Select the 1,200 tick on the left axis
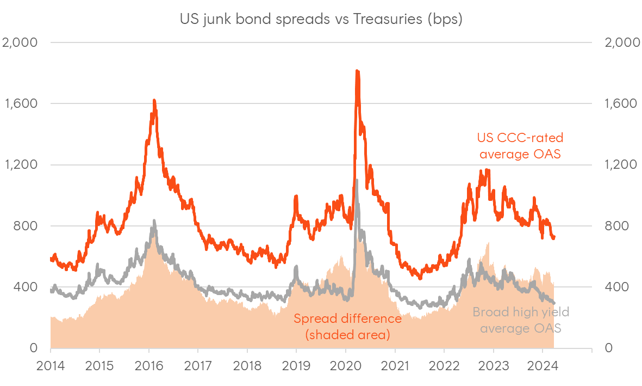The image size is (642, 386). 21,165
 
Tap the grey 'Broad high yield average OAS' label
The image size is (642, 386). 520,320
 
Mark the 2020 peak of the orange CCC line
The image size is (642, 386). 357,71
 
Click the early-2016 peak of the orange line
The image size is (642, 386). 154,100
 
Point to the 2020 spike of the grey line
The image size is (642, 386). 357,180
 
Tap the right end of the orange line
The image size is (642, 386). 553,237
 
